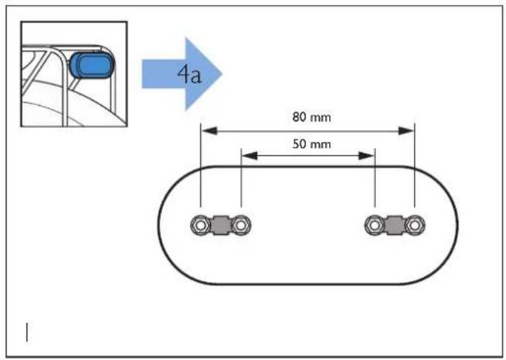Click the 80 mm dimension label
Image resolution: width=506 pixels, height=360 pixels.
[x=311, y=117]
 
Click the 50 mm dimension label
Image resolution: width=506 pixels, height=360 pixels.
[x=311, y=144]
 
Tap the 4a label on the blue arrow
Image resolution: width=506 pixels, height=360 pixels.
[x=189, y=75]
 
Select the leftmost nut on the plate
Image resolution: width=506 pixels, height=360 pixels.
[x=200, y=225]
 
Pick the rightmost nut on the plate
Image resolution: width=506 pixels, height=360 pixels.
[x=415, y=225]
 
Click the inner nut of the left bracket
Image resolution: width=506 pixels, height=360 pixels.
[x=240, y=225]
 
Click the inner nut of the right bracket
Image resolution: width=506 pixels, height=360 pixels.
[x=374, y=225]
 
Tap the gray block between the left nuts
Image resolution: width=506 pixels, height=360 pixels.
[x=220, y=225]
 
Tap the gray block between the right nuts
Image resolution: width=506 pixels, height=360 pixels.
[x=395, y=225]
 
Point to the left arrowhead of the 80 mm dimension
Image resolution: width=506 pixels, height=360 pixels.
[x=209, y=131]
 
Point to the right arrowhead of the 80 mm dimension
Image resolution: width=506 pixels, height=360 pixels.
[x=407, y=131]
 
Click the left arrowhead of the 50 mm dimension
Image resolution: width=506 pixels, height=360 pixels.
[x=249, y=156]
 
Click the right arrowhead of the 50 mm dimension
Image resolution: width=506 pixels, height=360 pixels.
[x=367, y=156]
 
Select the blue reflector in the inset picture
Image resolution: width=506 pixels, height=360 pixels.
[x=91, y=66]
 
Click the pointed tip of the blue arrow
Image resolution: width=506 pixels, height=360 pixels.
[x=222, y=74]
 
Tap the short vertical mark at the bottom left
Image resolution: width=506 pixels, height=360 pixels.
[x=27, y=332]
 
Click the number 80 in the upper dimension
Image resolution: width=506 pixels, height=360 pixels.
[x=299, y=117]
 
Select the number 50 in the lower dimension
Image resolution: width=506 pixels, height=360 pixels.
[x=299, y=144]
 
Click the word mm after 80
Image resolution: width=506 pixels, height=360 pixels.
[x=320, y=118]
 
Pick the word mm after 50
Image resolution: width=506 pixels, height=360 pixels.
[x=320, y=145]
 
